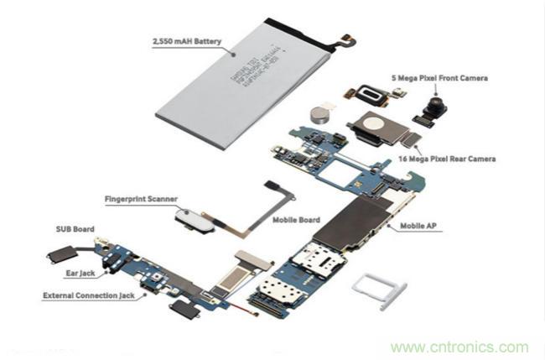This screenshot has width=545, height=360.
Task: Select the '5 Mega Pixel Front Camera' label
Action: click(x=439, y=79)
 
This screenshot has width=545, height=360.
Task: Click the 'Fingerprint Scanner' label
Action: click(x=140, y=200)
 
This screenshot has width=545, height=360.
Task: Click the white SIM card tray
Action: click(x=375, y=290)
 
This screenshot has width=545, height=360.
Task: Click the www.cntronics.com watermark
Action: click(x=459, y=347)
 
